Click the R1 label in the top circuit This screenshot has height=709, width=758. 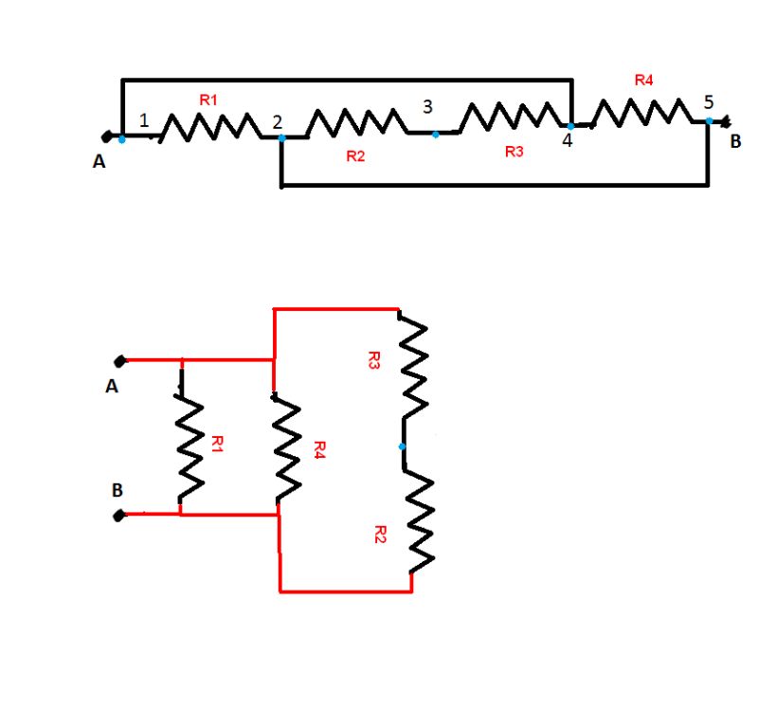click(208, 99)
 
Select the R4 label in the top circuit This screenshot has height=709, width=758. click(643, 81)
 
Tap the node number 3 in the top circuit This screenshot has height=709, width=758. click(428, 106)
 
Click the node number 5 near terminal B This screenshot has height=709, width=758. click(709, 101)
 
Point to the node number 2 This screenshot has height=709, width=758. click(277, 122)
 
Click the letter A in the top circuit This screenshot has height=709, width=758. click(99, 162)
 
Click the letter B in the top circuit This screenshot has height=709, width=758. click(735, 143)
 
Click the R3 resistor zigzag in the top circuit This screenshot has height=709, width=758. click(511, 117)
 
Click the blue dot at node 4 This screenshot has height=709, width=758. click(570, 126)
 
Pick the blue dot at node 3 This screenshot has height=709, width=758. click(435, 135)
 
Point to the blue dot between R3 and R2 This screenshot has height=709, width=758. click(402, 445)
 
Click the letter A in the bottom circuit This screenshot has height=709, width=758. click(112, 387)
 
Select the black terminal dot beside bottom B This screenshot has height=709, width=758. click(119, 517)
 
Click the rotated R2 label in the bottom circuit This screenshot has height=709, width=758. click(380, 535)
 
